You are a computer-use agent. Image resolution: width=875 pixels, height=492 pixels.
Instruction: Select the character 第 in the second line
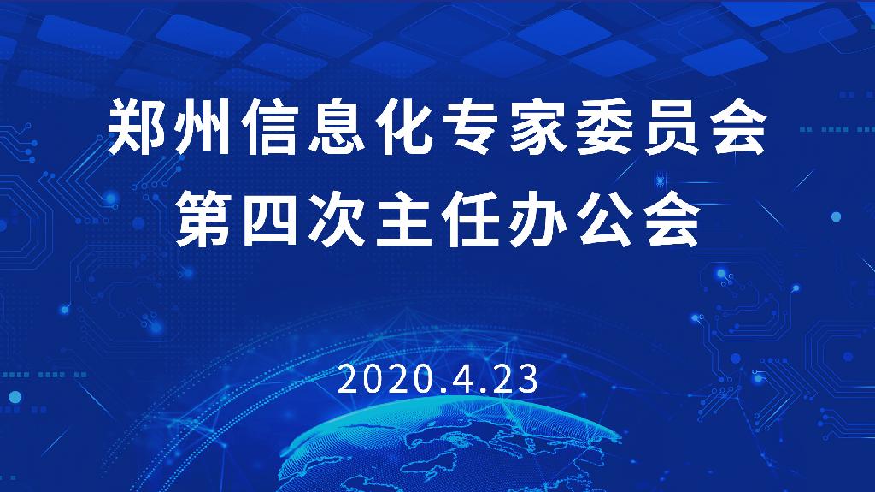pos(203,218)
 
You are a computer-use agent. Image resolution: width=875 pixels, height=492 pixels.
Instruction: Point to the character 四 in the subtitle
pos(271,218)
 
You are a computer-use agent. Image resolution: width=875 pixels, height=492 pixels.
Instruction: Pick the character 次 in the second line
pos(338,218)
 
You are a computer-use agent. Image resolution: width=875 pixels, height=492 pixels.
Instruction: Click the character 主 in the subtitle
pos(404,218)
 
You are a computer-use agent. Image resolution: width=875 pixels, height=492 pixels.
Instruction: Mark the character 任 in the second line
pos(472,218)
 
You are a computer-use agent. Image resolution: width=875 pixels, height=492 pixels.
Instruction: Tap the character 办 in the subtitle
pos(538,218)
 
